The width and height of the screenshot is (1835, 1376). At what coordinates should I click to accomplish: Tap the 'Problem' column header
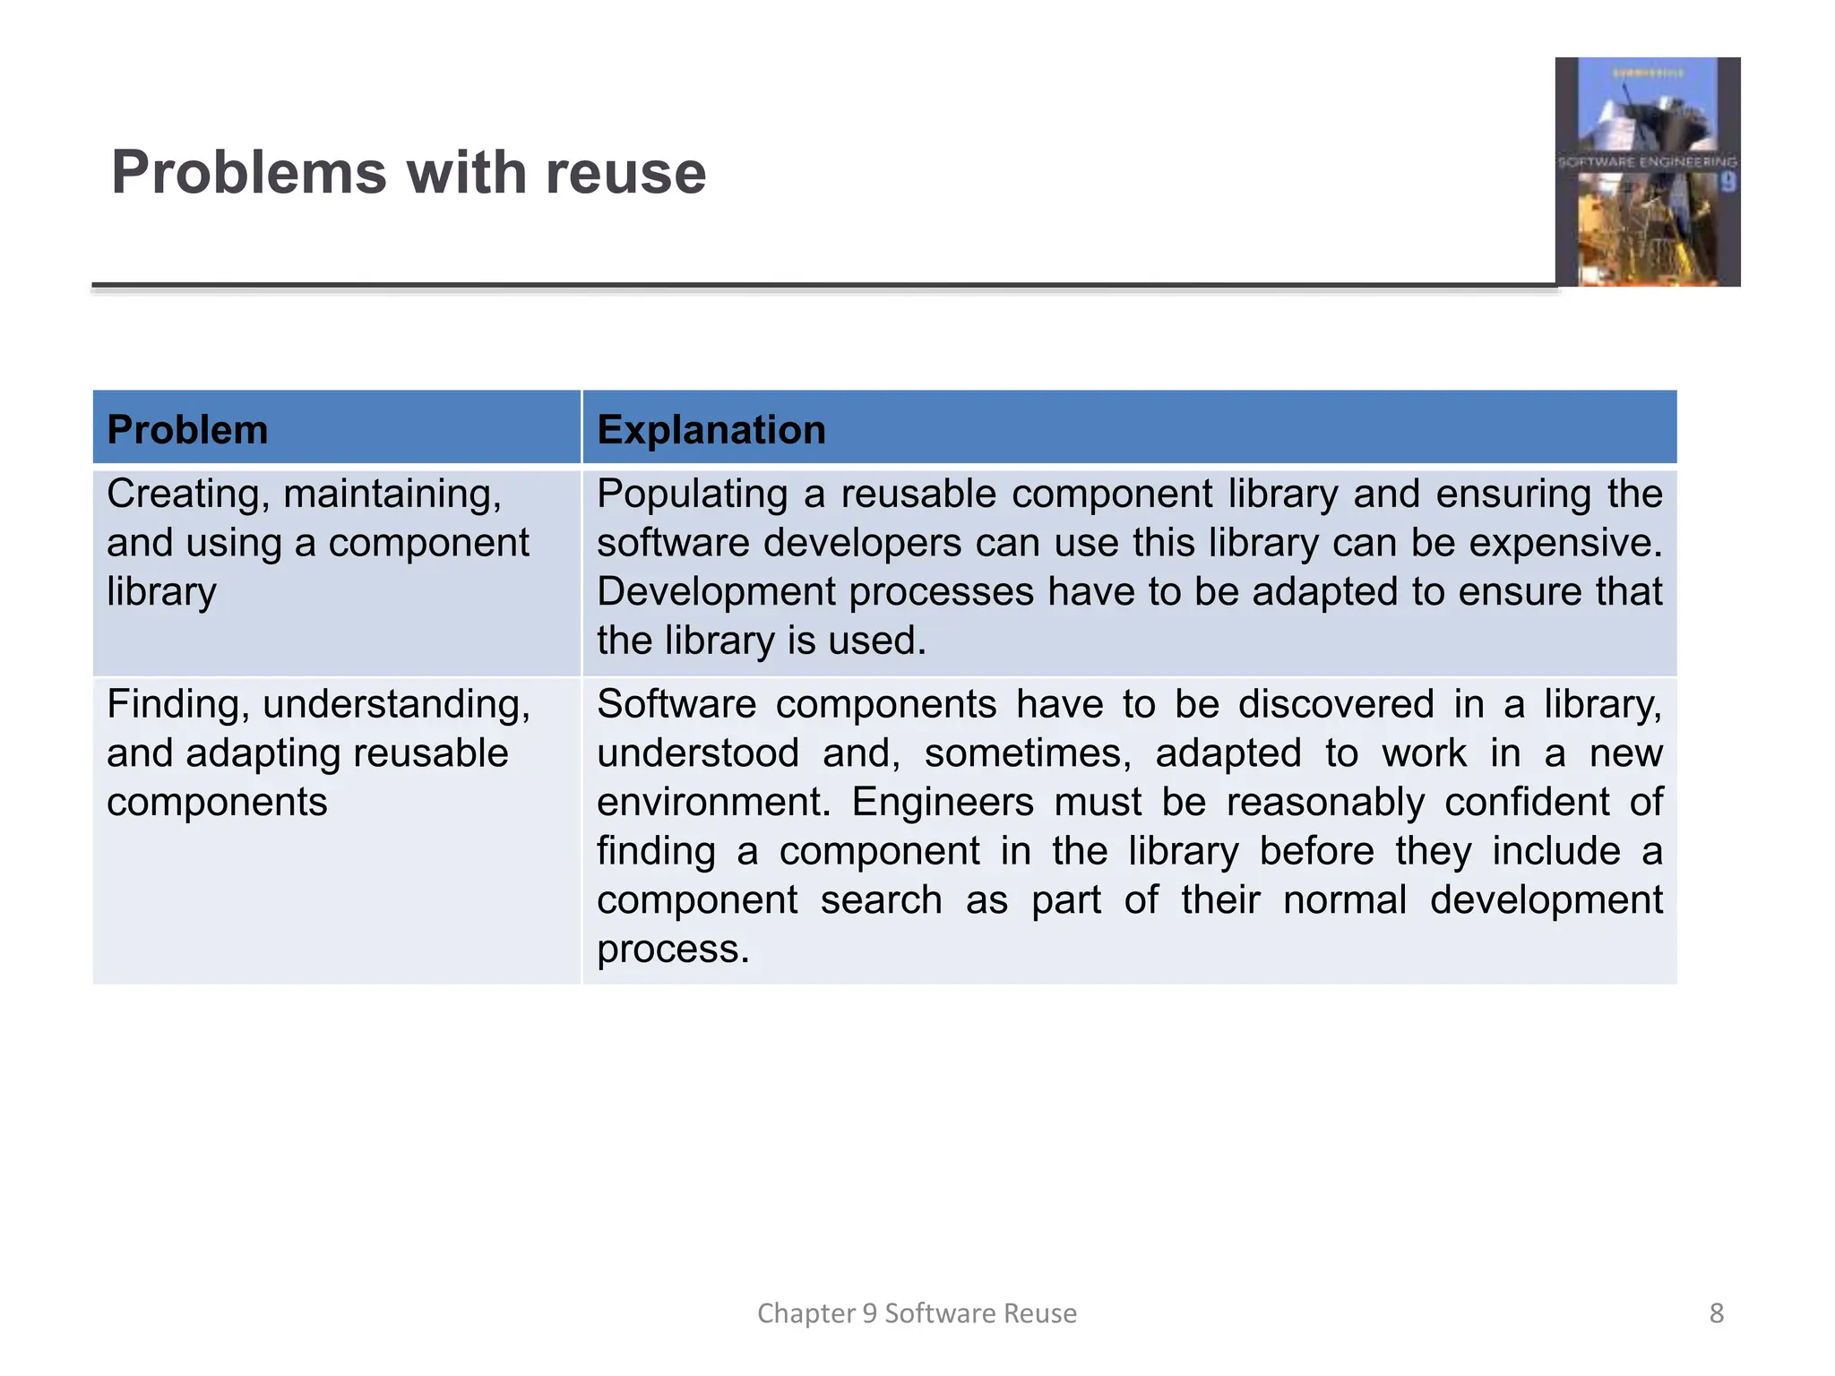tap(187, 430)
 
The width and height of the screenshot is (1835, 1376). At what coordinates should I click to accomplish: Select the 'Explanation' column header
tap(711, 430)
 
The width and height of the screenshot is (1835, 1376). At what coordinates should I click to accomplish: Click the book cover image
tap(1647, 172)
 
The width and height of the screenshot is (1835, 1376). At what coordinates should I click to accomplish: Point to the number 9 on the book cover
tap(1727, 183)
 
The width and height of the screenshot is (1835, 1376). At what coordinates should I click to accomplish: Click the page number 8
tap(1716, 1313)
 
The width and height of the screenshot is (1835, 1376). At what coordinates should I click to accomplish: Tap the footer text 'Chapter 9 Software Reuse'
tap(917, 1313)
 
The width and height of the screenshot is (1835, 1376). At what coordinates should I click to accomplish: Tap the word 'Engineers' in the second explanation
tap(942, 802)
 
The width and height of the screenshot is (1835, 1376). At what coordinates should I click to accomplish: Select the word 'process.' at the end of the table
tap(673, 949)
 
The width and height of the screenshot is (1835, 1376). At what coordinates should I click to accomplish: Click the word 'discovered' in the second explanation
tap(1336, 704)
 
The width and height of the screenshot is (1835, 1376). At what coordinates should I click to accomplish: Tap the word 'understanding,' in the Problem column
tap(397, 704)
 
